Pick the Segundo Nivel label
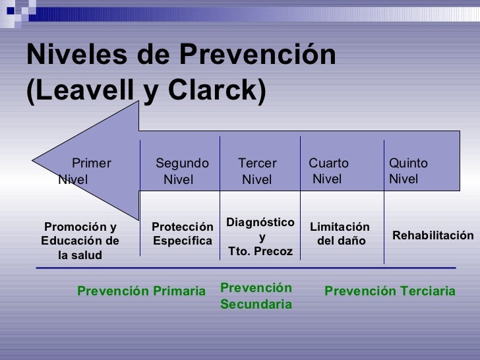point(182,171)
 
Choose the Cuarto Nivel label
point(328,171)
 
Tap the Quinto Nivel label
point(408,171)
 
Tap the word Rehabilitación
point(433,235)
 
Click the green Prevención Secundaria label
point(255,296)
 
